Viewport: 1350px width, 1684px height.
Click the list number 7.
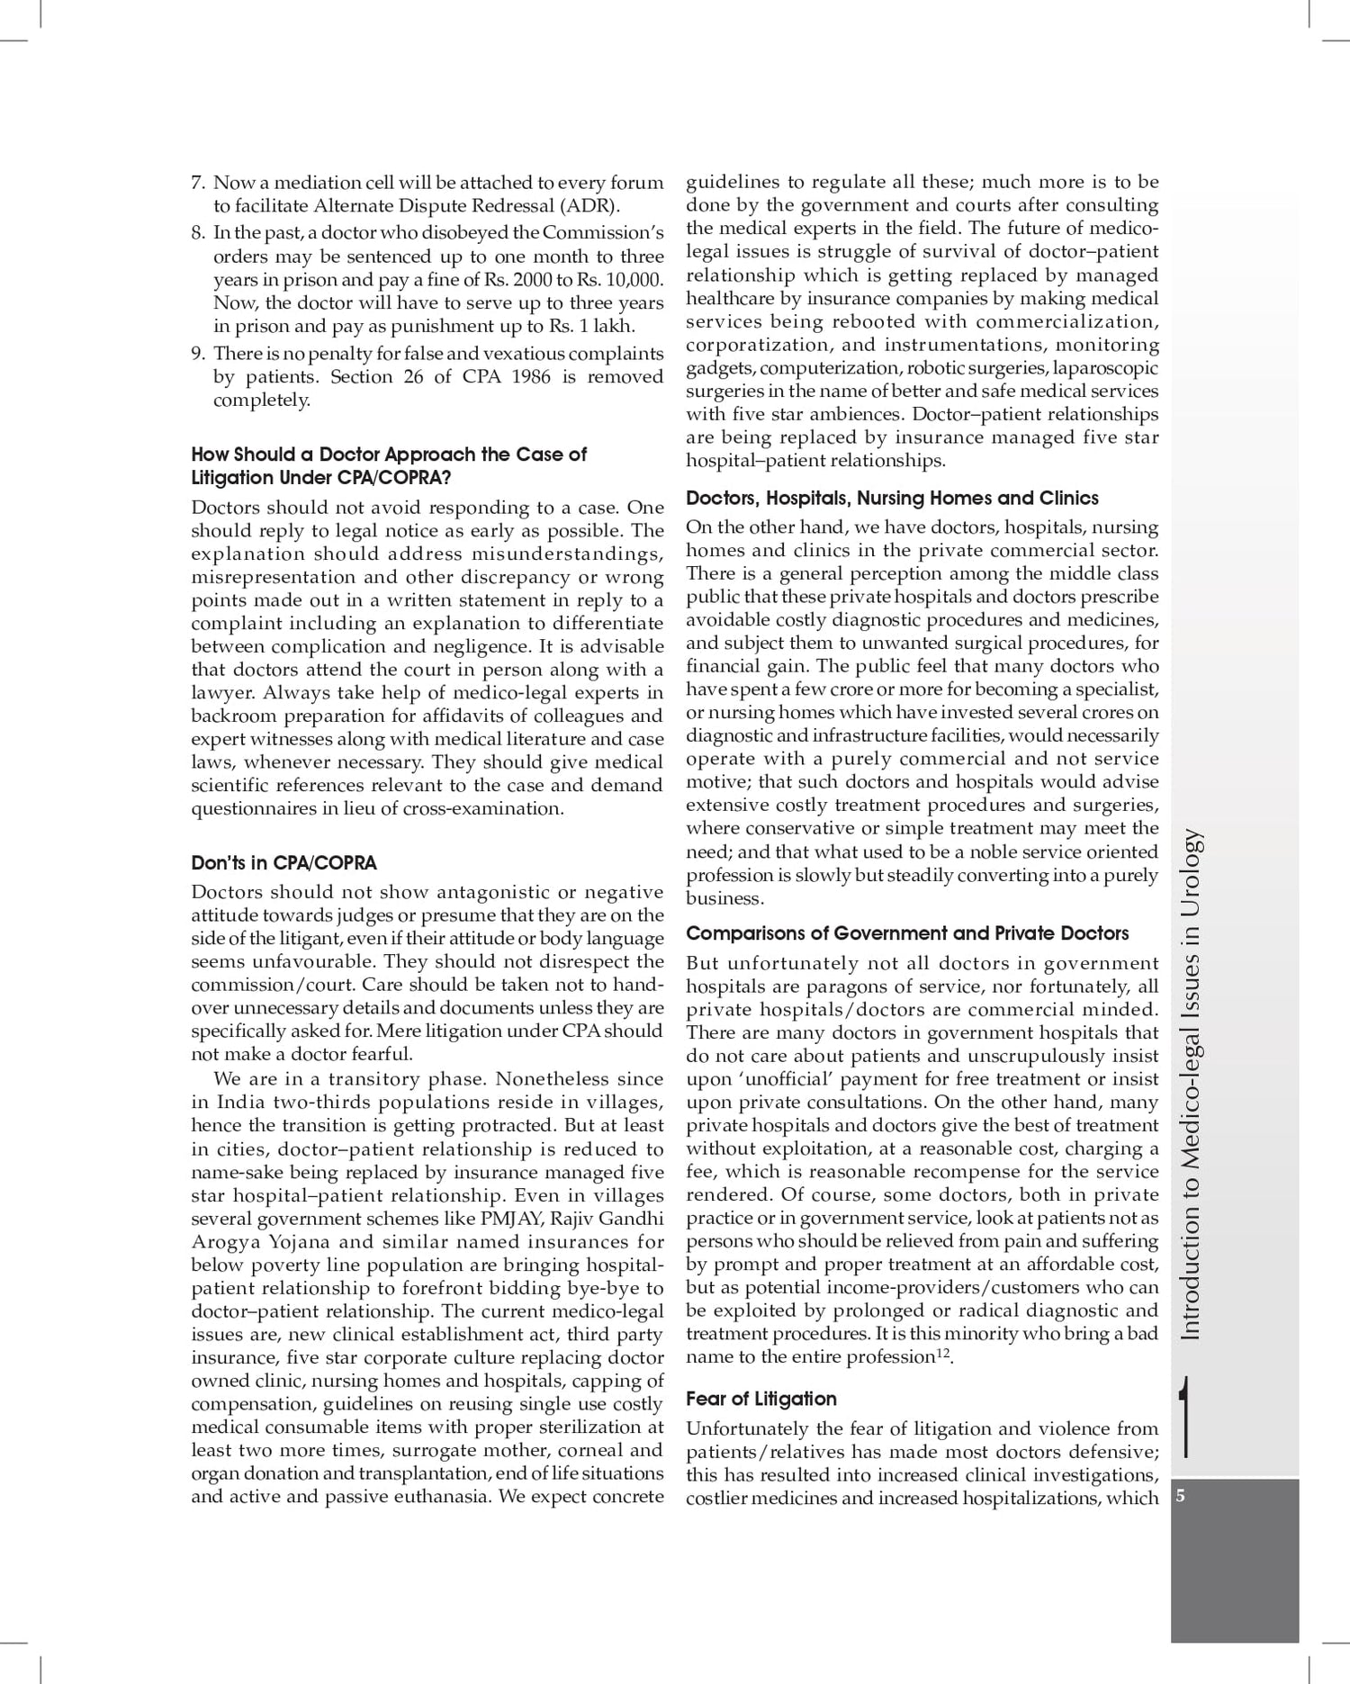[x=197, y=183]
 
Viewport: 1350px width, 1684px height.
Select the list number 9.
[x=197, y=354]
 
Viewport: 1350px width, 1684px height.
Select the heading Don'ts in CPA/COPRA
[x=283, y=863]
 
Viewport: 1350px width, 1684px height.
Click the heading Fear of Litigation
[x=760, y=1399]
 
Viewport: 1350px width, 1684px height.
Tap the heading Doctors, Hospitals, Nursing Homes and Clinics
[x=892, y=498]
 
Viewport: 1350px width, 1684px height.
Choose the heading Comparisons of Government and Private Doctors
[x=907, y=933]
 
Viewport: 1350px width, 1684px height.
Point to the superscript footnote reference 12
[x=943, y=1352]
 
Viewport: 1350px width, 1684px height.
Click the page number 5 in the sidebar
[x=1181, y=1496]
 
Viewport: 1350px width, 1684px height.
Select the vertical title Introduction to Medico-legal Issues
[x=1190, y=1085]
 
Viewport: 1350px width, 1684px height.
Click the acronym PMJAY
[x=511, y=1219]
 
